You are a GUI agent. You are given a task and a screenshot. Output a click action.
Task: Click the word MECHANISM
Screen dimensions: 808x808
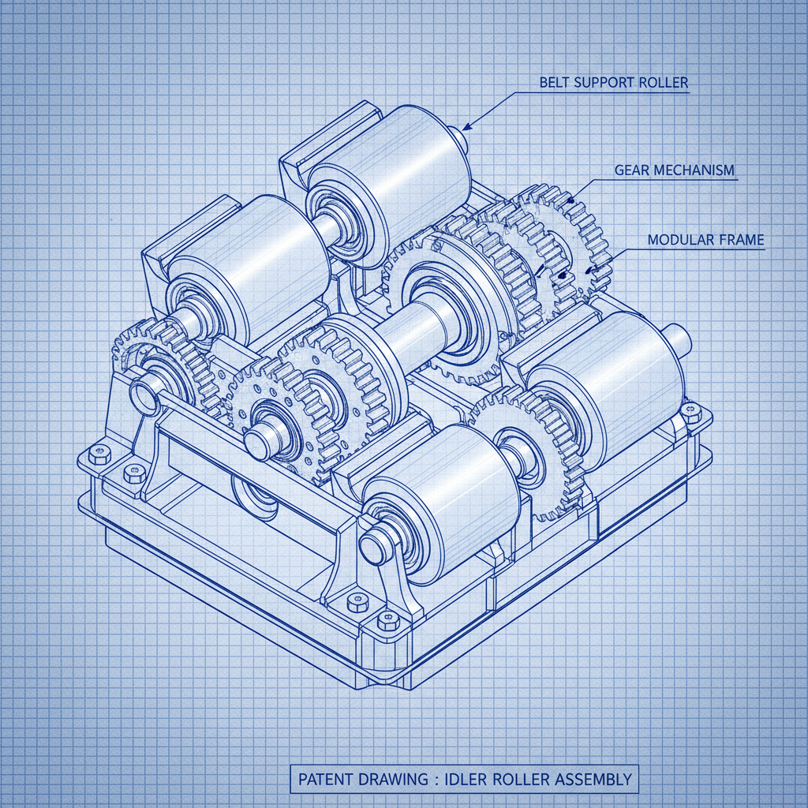point(696,170)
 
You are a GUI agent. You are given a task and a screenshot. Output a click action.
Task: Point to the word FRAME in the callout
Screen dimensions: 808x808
point(743,240)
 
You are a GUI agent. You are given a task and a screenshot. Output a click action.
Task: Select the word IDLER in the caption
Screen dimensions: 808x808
point(468,780)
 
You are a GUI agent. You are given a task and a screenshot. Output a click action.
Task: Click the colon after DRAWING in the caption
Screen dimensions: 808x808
point(433,780)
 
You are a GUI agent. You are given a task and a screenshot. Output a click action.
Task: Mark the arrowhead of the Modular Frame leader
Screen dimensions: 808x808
point(587,271)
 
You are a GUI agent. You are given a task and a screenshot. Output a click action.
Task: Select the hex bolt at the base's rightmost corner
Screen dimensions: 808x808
point(692,409)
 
